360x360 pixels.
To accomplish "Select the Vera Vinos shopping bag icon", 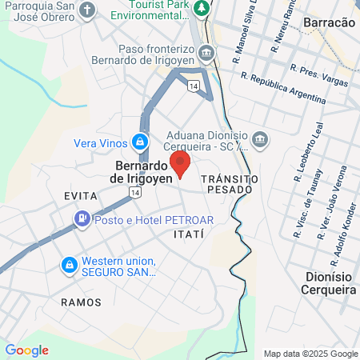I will tap(140, 142).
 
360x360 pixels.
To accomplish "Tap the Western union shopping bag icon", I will tap(69, 264).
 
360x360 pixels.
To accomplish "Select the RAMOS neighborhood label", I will tap(81, 302).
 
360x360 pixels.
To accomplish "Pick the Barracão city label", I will tap(329, 24).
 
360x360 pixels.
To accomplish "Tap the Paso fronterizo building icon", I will tap(207, 54).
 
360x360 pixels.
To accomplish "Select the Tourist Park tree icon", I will tap(203, 9).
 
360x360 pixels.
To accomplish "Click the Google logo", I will tap(26, 350).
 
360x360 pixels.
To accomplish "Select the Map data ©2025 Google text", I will tap(311, 354).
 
